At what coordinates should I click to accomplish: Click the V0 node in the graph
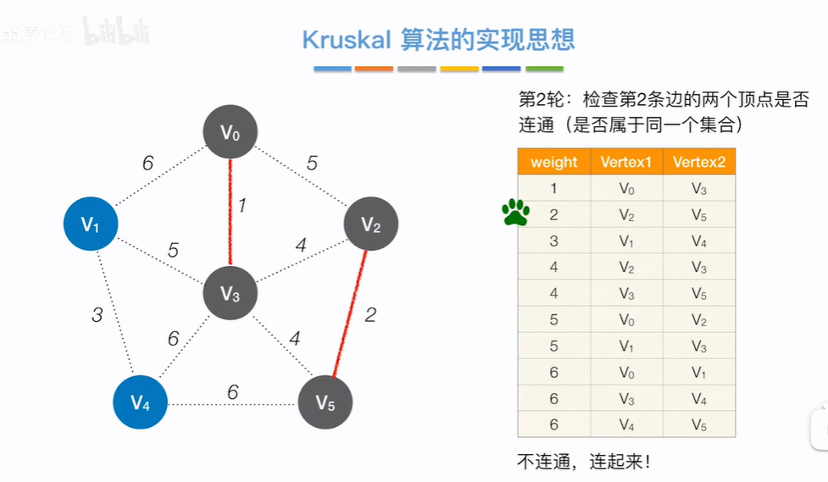[230, 132]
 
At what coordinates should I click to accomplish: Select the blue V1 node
[91, 224]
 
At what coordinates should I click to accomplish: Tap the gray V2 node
[370, 224]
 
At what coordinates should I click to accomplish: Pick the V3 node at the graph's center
[230, 294]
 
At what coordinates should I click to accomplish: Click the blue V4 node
[140, 401]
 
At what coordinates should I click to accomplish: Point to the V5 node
[325, 401]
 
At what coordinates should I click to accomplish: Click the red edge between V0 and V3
[230, 212]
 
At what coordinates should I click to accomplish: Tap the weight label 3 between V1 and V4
[97, 315]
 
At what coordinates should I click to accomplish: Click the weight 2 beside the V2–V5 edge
[370, 315]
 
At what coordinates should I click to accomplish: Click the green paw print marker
[515, 213]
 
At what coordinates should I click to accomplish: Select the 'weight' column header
[553, 162]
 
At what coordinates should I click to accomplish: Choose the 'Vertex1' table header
[626, 162]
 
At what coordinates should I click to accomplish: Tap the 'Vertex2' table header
[698, 162]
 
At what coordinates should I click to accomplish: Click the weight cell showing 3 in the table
[553, 241]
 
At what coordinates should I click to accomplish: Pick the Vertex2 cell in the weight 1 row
[698, 188]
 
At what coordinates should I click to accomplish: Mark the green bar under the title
[544, 69]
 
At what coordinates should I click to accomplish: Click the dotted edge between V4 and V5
[232, 403]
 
